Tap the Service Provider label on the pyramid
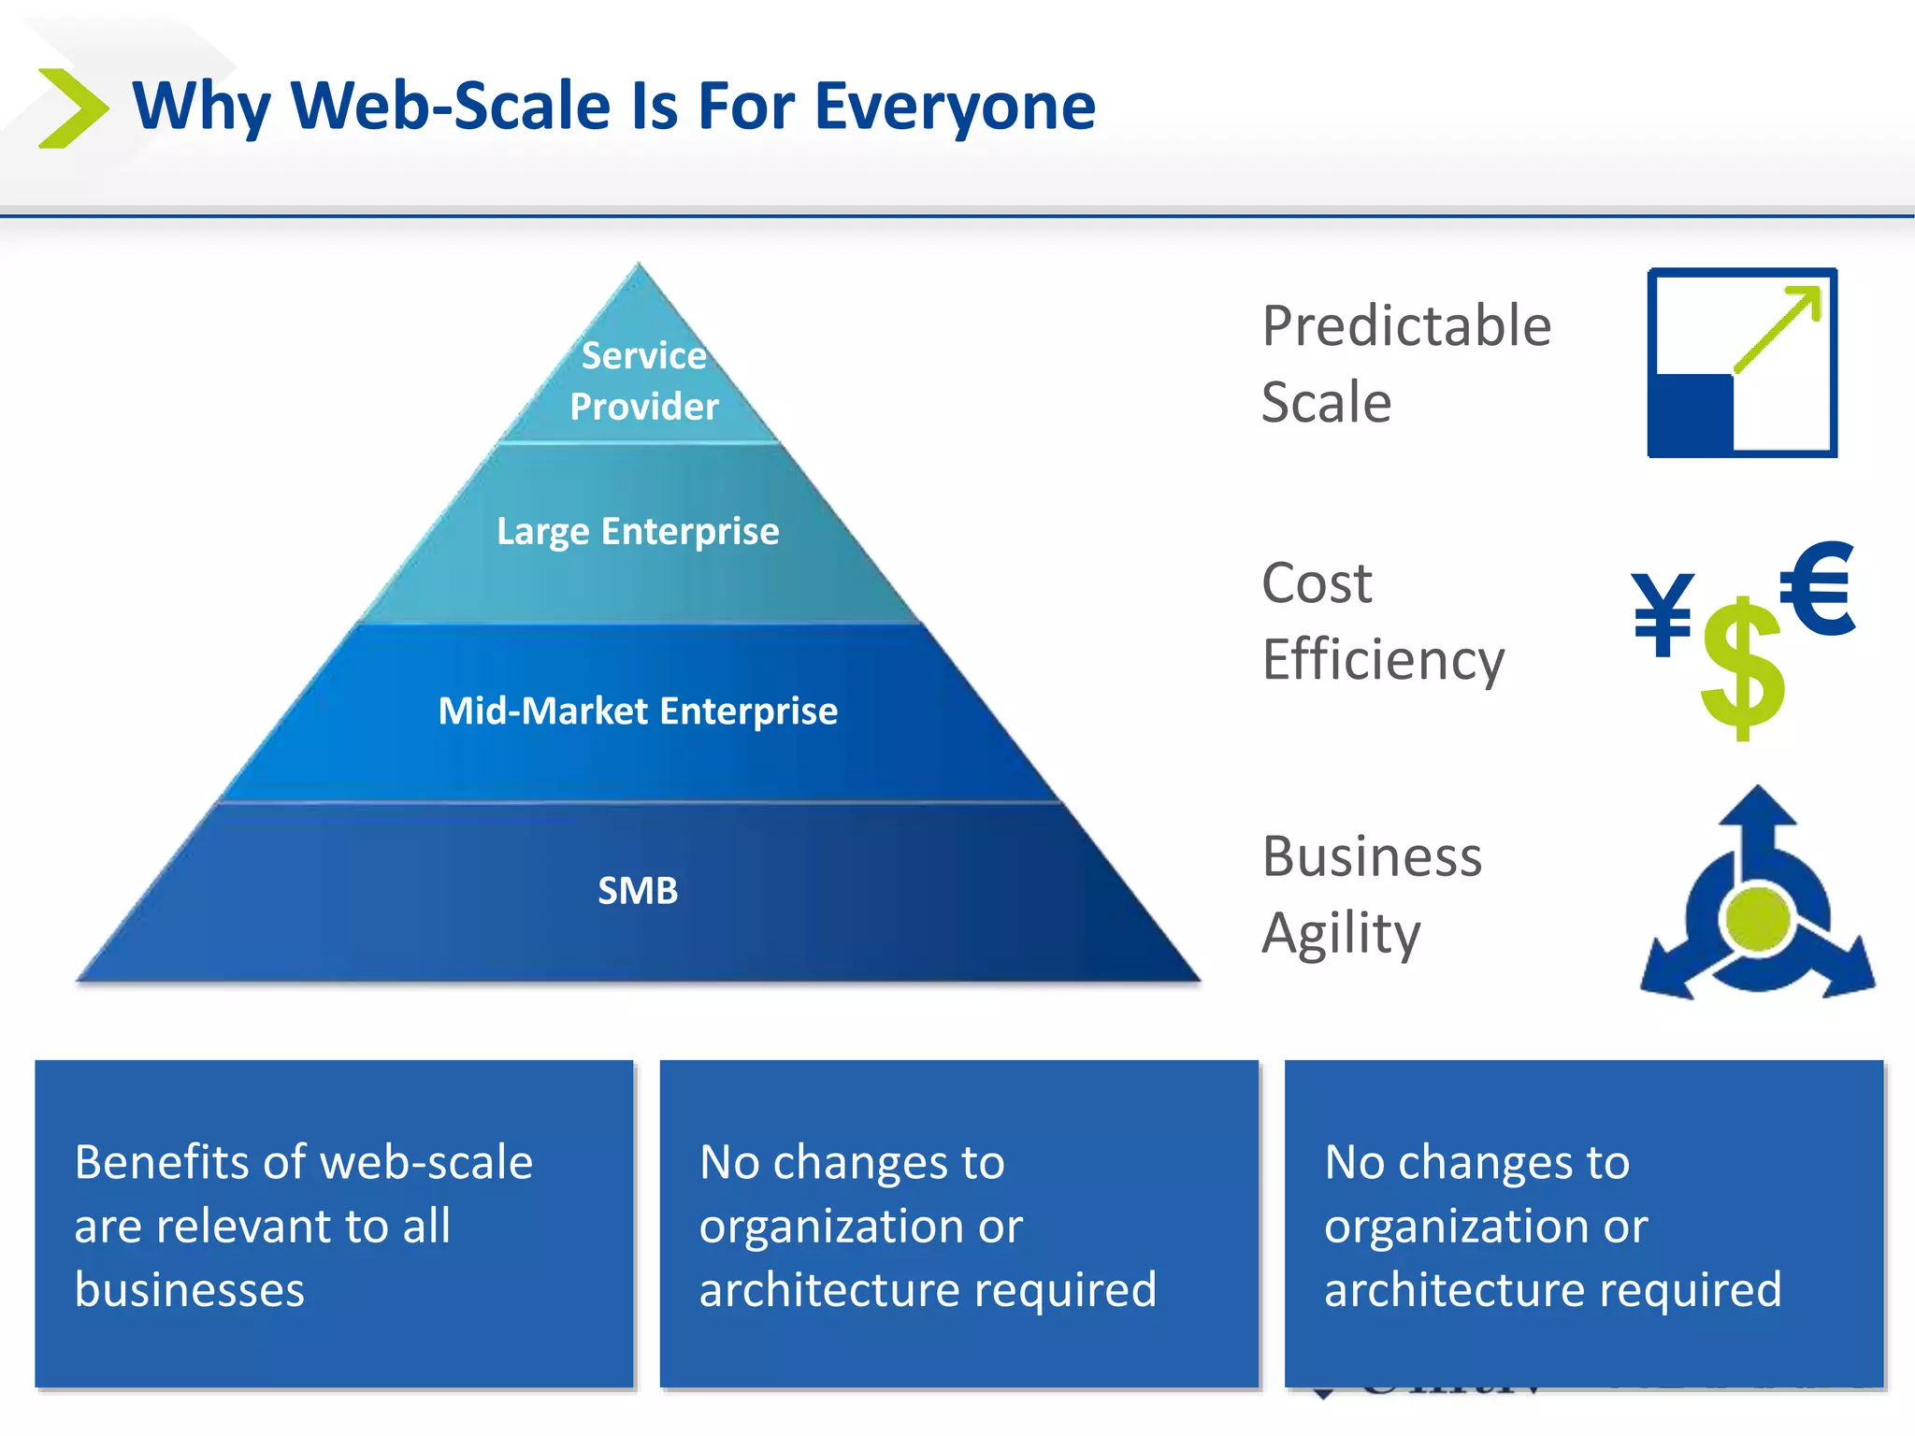[x=643, y=381]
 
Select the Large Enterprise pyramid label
[x=638, y=531]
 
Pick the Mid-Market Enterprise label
[x=638, y=711]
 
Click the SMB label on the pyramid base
[x=638, y=890]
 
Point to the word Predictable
[x=1406, y=326]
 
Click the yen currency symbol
[x=1663, y=613]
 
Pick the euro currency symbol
[x=1817, y=589]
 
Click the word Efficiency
[x=1383, y=661]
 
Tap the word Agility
[x=1341, y=934]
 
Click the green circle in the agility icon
[x=1759, y=917]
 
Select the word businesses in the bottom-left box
[x=189, y=1290]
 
